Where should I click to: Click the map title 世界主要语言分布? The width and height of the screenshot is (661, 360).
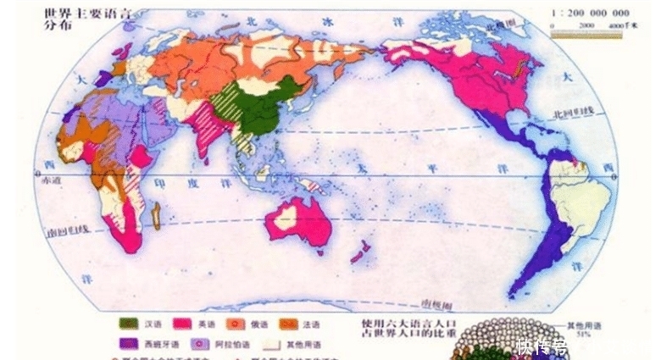[64, 18]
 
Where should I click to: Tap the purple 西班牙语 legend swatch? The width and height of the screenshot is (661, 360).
[129, 344]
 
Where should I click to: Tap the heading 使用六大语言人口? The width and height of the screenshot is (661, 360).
[408, 323]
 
